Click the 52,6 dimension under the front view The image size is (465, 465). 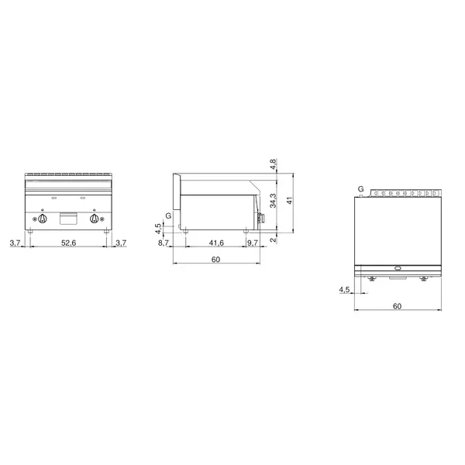68,243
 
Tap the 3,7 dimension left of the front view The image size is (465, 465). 15,243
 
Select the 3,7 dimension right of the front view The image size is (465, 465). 120,243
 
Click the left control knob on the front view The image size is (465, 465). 43,219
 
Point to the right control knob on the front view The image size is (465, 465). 95,219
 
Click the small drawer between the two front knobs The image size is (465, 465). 68,219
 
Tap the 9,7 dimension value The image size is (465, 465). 253,243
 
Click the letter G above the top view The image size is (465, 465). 360,189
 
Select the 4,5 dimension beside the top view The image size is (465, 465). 344,290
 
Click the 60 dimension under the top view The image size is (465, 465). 397,305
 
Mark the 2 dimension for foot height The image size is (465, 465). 272,239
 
